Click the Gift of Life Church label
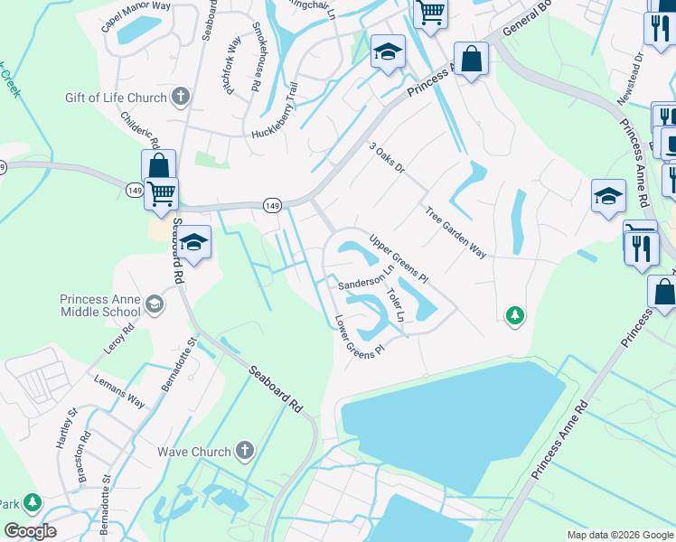point(116,98)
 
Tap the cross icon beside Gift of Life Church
point(180,97)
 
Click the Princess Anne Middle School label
point(100,305)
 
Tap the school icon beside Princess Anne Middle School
point(155,304)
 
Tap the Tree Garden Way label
point(455,232)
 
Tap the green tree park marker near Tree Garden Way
point(514,314)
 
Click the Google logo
point(30,531)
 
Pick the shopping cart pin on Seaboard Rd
point(162,192)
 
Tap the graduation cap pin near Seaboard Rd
point(193,241)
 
